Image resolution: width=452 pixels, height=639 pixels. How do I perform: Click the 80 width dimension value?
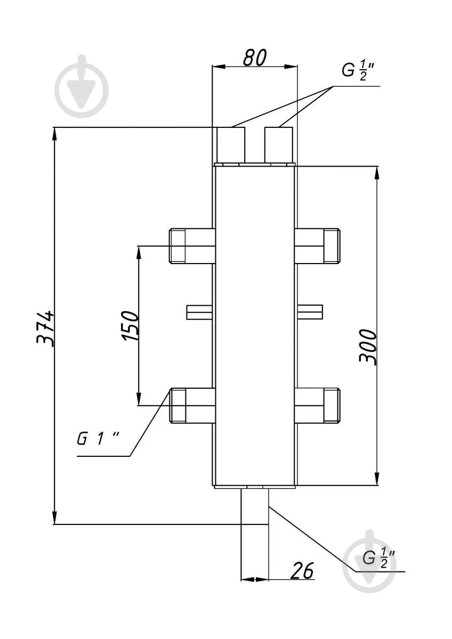[255, 58]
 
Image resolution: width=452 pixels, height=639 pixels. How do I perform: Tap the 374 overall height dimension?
[45, 329]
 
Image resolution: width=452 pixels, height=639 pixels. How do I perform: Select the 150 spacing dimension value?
[130, 325]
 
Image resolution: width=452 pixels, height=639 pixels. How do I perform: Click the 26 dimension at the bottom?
[302, 570]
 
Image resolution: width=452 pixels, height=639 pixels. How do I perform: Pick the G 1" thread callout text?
[98, 438]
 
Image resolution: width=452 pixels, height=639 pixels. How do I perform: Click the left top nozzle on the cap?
[231, 145]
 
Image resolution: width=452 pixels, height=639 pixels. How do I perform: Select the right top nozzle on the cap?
[279, 145]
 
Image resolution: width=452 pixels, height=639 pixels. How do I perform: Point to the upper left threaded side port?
[192, 246]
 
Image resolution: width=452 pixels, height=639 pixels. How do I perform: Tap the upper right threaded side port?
[317, 246]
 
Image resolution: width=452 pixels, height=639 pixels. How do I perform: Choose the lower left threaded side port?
[192, 405]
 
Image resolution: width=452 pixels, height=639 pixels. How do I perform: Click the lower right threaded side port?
[317, 405]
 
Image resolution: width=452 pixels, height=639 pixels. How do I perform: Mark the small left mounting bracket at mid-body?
[199, 312]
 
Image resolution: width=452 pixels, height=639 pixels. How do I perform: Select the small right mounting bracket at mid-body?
[310, 312]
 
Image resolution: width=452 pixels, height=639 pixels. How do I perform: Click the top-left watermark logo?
[82, 86]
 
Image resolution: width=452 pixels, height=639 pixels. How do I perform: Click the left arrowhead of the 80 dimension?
[219, 67]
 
